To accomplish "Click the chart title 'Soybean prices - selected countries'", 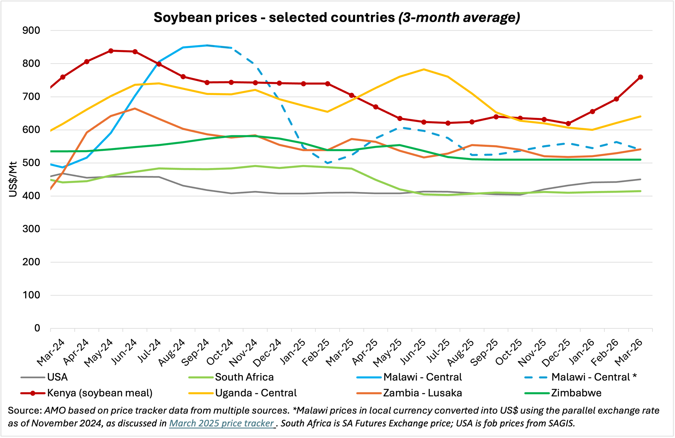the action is [274, 18].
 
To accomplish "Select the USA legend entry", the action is [44, 377].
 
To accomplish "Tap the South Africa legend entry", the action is [231, 377].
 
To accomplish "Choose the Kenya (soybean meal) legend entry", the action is [86, 393].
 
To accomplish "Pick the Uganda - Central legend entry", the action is [243, 393].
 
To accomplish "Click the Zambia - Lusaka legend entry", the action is [409, 393].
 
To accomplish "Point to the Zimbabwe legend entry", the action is [563, 393].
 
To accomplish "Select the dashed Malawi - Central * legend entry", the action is [580, 377].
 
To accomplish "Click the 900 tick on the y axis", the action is [31, 30].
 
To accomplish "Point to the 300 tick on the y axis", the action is [31, 229].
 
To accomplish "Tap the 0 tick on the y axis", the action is [37, 328].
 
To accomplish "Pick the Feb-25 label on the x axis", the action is [316, 352].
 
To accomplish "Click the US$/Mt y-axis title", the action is [13, 179].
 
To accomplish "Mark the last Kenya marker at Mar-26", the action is [640, 77].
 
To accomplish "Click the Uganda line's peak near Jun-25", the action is [424, 69].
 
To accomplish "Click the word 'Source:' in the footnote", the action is [25, 410].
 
